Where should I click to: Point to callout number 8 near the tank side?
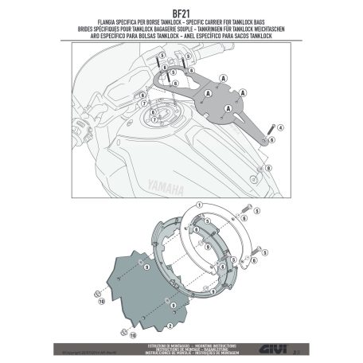click(x=268, y=168)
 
